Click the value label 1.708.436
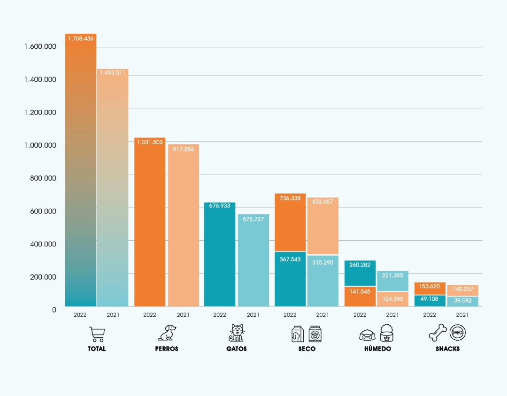(81, 38)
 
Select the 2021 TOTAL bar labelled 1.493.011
(113, 188)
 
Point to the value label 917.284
(184, 149)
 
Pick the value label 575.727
(253, 219)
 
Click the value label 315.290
(323, 262)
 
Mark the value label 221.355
(392, 275)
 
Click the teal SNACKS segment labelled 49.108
(430, 301)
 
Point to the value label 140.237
(462, 289)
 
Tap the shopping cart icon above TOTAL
(97, 334)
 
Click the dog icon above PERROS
(167, 333)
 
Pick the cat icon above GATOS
(237, 333)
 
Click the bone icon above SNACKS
(438, 333)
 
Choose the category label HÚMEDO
(377, 349)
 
